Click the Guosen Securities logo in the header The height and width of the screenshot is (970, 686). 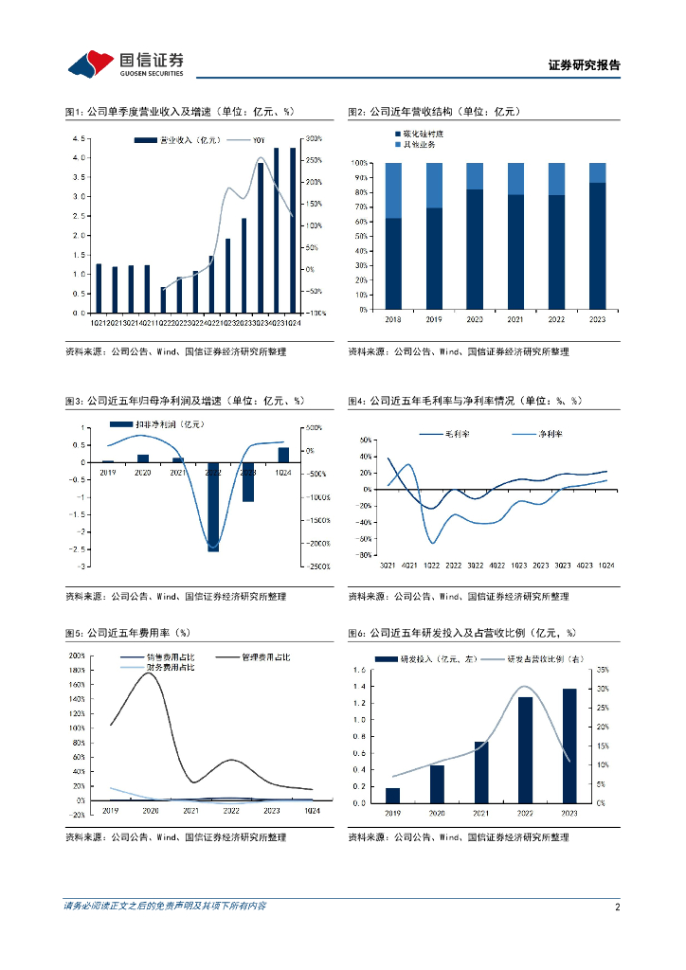[x=125, y=63]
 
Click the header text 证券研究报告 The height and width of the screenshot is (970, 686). [x=584, y=65]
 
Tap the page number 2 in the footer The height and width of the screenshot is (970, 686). [x=617, y=907]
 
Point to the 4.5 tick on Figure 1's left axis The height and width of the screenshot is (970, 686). [x=83, y=138]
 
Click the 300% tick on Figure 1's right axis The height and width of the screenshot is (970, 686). [x=315, y=138]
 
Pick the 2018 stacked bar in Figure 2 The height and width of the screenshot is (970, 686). [x=392, y=237]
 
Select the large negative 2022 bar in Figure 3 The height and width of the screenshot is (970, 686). [x=212, y=505]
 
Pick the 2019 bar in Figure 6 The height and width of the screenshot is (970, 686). [x=392, y=795]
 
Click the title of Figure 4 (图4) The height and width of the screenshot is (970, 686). [x=464, y=402]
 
